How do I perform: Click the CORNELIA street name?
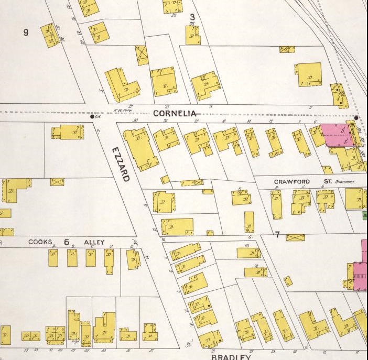point(175,113)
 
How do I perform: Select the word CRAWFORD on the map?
point(292,182)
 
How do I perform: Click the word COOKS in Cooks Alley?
point(40,242)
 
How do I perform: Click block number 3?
point(192,17)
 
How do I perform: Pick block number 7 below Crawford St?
point(278,234)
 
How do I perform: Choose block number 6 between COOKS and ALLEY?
point(67,242)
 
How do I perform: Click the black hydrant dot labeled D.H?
point(92,117)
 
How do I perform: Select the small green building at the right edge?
point(365,215)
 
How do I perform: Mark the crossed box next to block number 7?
point(295,237)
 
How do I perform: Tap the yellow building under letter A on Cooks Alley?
point(53,258)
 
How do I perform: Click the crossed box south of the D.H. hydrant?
point(57,182)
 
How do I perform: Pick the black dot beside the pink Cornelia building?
point(356,118)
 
